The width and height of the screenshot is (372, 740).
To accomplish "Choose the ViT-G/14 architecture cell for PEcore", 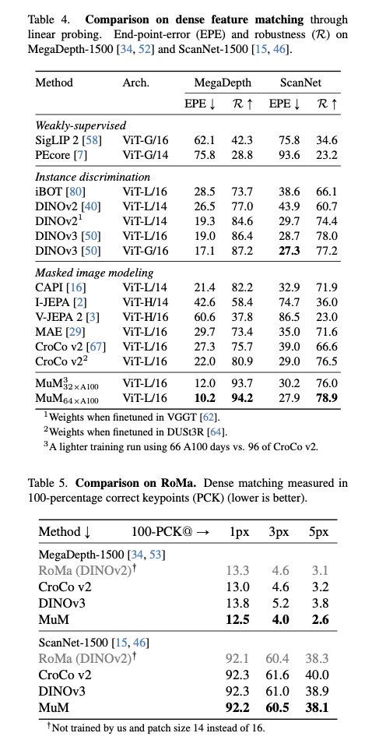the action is (145, 155).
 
